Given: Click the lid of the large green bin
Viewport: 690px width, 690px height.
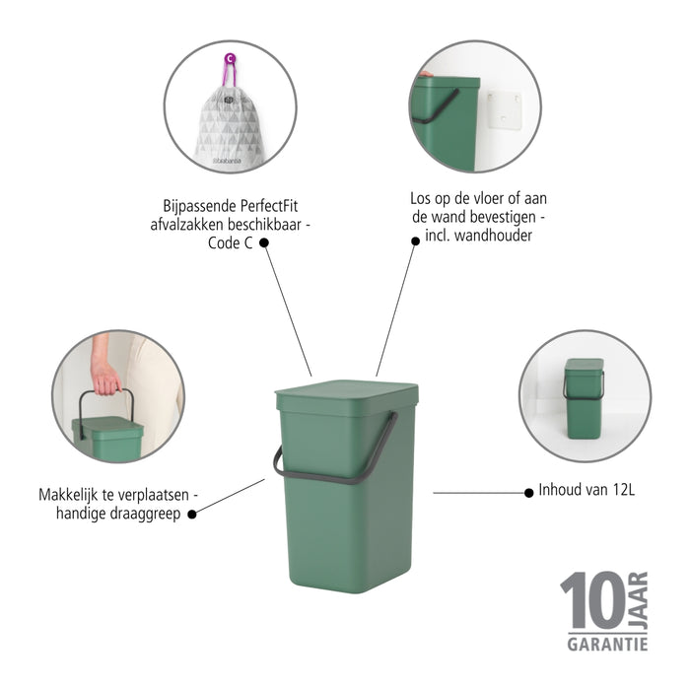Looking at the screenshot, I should click(346, 394).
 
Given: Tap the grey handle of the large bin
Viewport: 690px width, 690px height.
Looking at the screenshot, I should click(335, 471).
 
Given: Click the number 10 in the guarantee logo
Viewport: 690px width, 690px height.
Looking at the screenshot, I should click(590, 600).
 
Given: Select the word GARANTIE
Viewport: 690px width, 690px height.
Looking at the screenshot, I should click(607, 644).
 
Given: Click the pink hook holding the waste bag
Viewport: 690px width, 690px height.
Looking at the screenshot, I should click(229, 69).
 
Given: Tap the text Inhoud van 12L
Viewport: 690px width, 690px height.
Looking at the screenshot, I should click(586, 489).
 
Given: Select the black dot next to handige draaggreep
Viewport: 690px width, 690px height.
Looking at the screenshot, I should click(192, 513).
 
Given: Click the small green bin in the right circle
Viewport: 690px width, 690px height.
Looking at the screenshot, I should click(583, 392).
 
